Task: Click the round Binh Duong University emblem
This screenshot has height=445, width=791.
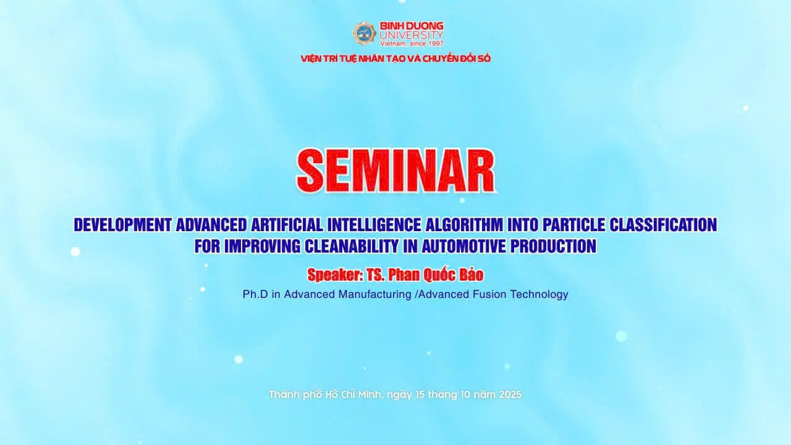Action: [x=364, y=33]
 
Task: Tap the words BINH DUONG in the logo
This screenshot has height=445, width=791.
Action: [x=412, y=26]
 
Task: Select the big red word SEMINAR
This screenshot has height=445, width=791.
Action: [x=396, y=171]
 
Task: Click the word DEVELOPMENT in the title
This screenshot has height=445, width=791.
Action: [x=122, y=224]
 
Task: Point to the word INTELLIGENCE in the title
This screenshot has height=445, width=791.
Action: [x=374, y=224]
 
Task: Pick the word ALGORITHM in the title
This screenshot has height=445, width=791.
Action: [x=464, y=224]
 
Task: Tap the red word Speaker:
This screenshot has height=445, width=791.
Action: [x=335, y=275]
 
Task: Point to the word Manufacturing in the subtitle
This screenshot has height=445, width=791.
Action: [x=374, y=294]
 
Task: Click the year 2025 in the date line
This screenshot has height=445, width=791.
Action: [x=510, y=394]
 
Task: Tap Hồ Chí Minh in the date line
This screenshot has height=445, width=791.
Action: [x=353, y=394]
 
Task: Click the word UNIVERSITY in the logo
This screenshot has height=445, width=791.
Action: [x=412, y=35]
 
